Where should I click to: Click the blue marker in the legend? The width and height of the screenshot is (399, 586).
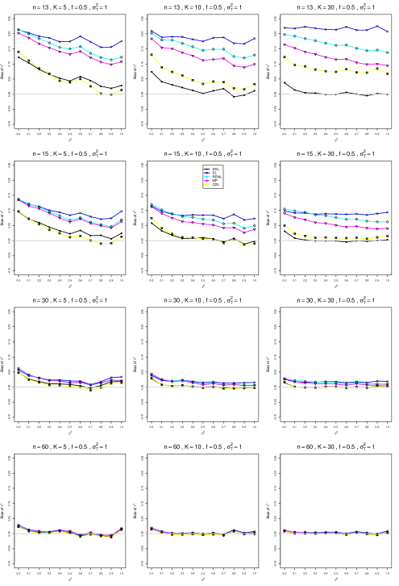click(x=207, y=172)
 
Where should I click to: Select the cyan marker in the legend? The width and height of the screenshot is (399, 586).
click(x=207, y=176)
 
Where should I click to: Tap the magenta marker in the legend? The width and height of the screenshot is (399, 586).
click(x=207, y=180)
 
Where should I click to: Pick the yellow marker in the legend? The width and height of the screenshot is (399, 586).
click(x=207, y=184)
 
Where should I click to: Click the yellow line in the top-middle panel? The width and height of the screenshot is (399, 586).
click(x=185, y=77)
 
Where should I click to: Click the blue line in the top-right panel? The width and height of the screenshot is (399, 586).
click(x=322, y=29)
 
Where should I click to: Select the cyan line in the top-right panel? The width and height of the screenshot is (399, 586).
click(x=322, y=42)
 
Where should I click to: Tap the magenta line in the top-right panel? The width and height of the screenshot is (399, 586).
click(x=322, y=56)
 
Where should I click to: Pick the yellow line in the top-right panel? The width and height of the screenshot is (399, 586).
click(x=322, y=70)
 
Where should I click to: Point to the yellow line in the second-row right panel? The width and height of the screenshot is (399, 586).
click(x=322, y=237)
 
